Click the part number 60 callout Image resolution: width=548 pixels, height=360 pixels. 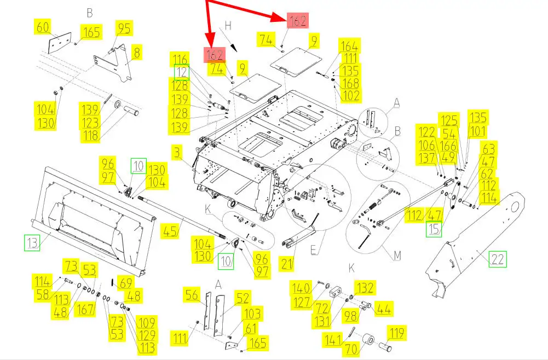click(43, 27)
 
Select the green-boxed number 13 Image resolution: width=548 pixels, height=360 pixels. click(32, 242)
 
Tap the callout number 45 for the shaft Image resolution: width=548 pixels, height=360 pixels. click(170, 231)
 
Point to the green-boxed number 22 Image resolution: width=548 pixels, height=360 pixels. click(497, 259)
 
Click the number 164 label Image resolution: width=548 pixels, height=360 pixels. click(349, 46)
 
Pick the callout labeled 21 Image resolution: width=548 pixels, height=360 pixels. click(286, 264)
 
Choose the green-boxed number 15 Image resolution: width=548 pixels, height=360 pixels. click(434, 229)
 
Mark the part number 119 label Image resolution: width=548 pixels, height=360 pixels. click(397, 333)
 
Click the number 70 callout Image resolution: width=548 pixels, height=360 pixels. click(351, 348)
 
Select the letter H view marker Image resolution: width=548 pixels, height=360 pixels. click(228, 26)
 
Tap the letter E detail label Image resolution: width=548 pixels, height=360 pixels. click(314, 249)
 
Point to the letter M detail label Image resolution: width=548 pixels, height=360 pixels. click(397, 256)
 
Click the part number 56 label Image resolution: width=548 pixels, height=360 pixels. click(192, 294)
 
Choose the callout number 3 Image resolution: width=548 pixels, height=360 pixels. click(177, 153)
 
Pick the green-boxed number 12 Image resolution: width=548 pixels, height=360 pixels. click(182, 72)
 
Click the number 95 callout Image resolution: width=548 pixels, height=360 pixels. click(124, 28)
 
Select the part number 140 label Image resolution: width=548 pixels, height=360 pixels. click(301, 288)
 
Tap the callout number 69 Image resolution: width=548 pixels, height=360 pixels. click(125, 283)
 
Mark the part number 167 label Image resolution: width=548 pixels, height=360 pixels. click(85, 309)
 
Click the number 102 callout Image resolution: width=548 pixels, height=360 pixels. click(350, 95)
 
